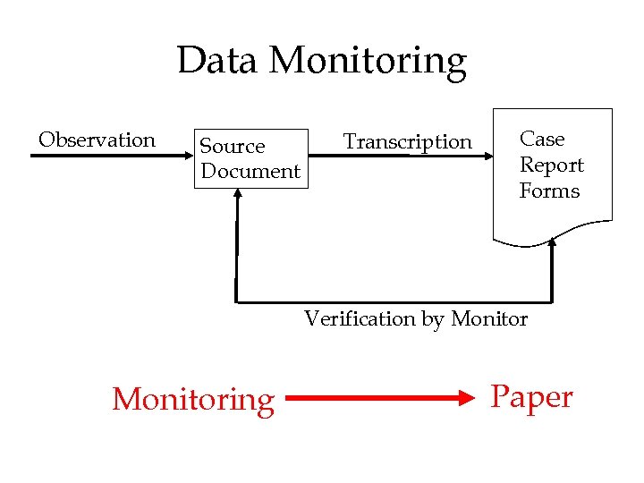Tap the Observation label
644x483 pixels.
pyautogui.click(x=97, y=140)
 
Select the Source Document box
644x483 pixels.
pyautogui.click(x=250, y=158)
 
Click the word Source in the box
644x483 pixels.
pyautogui.click(x=232, y=146)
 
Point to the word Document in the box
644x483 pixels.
pyautogui.click(x=250, y=171)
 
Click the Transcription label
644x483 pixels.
pyautogui.click(x=407, y=142)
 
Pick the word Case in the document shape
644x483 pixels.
pyautogui.click(x=542, y=140)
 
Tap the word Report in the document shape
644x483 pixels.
pyautogui.click(x=551, y=165)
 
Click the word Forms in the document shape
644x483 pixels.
pyautogui.click(x=549, y=191)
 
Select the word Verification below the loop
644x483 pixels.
pyautogui.click(x=360, y=319)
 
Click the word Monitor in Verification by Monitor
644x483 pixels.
pyautogui.click(x=489, y=319)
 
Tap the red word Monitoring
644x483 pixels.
pyautogui.click(x=193, y=399)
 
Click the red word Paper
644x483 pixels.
pyautogui.click(x=531, y=396)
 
